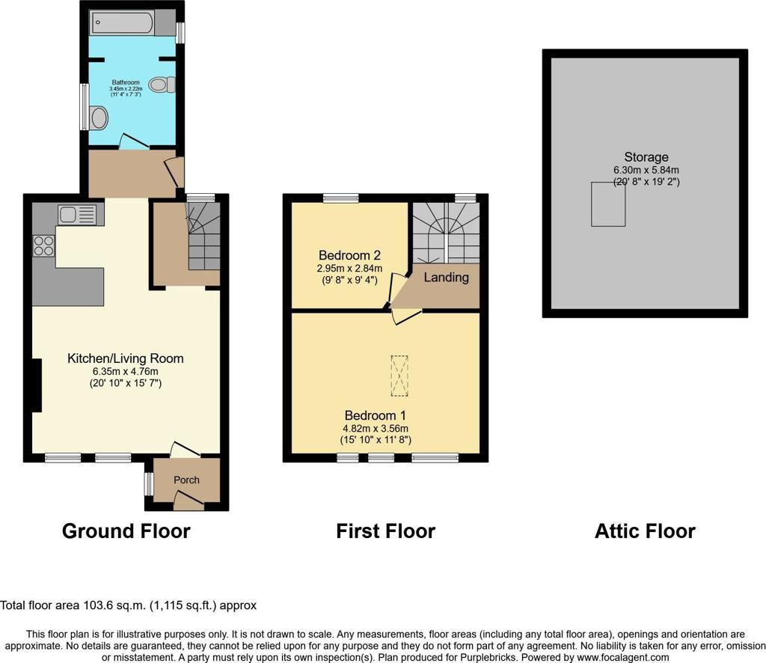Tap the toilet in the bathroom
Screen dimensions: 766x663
click(162, 85)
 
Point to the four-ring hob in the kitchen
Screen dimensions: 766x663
click(43, 245)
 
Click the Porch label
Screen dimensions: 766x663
click(186, 480)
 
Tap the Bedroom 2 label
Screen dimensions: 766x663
click(349, 255)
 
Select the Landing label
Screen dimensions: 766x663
click(446, 278)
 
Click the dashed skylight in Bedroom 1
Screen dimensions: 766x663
click(399, 376)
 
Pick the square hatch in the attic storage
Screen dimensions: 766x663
click(607, 204)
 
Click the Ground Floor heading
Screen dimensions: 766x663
click(126, 531)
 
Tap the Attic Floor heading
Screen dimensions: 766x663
click(645, 531)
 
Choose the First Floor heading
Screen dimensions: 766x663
click(385, 531)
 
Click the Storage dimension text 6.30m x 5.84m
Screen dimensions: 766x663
click(646, 171)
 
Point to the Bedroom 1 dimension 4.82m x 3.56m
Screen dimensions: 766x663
click(376, 429)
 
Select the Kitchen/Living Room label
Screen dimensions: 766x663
click(126, 358)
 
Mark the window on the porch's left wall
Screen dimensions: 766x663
click(147, 484)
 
